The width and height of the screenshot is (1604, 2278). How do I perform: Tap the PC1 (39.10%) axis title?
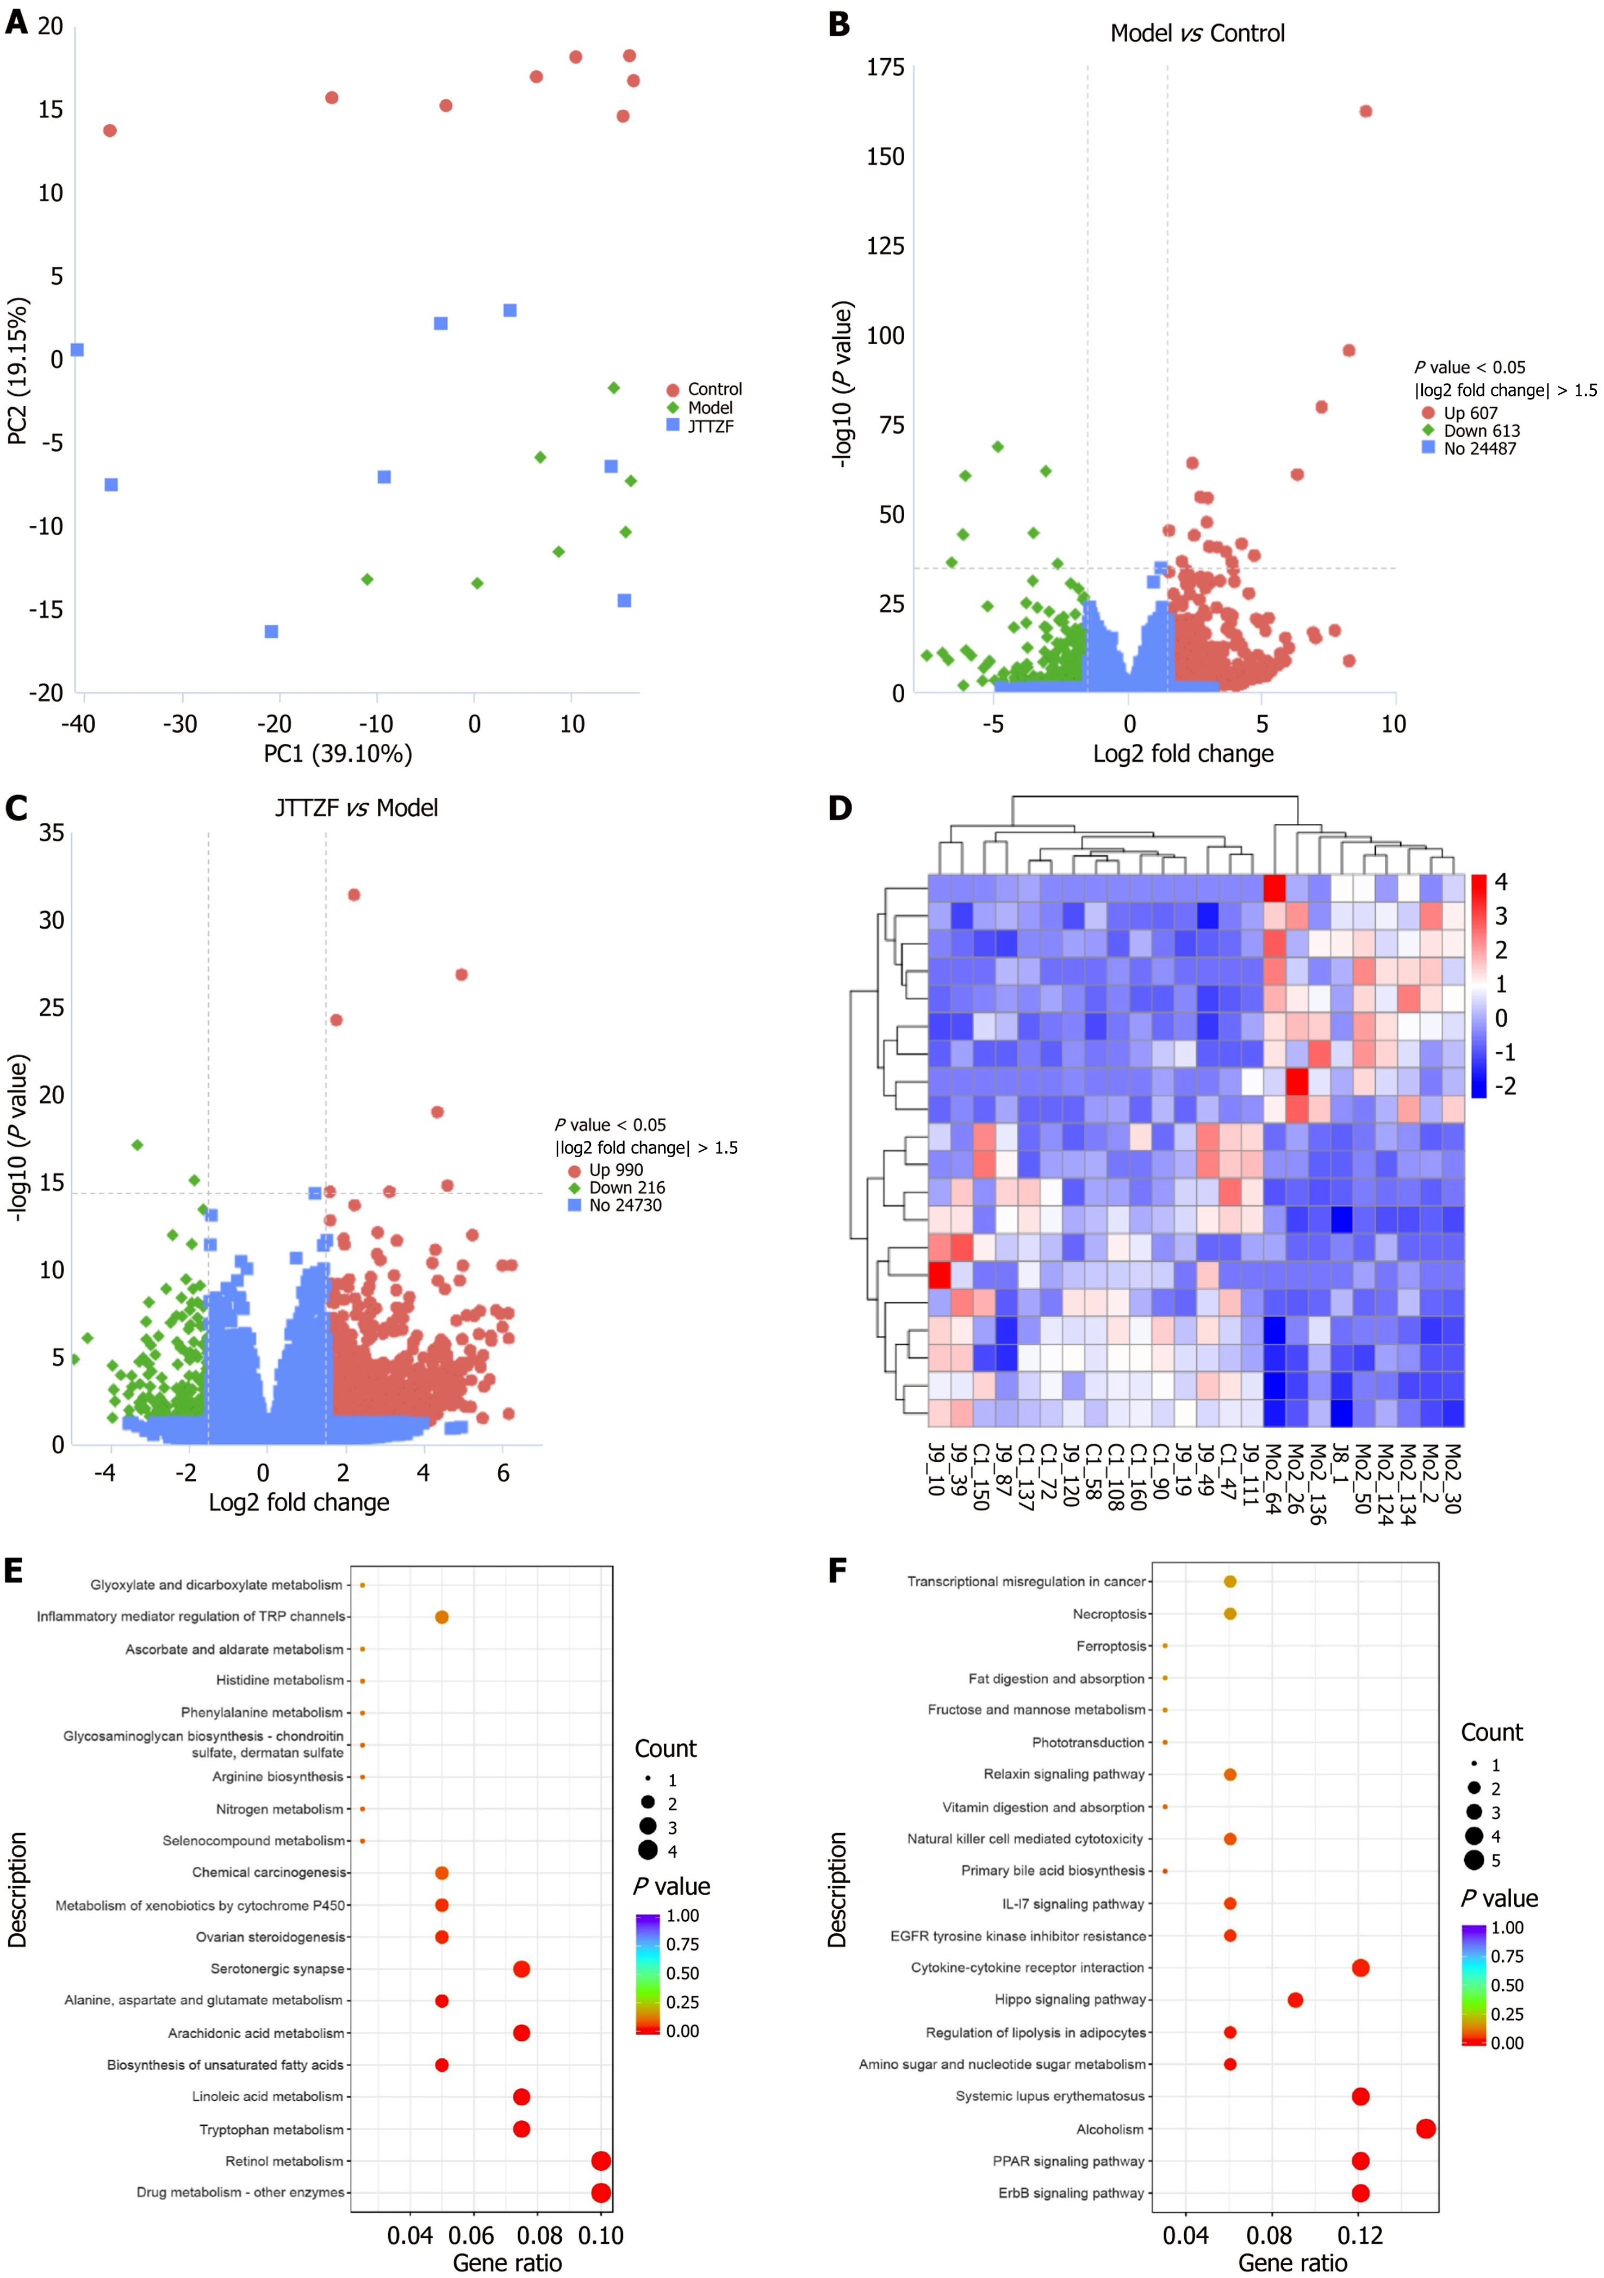[337, 754]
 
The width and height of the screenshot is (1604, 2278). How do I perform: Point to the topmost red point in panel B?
[1365, 111]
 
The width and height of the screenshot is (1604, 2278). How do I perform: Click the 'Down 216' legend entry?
[626, 1188]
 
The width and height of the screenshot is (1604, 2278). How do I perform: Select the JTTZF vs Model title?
[356, 808]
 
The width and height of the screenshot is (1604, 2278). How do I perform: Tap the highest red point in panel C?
[353, 895]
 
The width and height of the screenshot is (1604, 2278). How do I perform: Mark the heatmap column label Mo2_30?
[1452, 1478]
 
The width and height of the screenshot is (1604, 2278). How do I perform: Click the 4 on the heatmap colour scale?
[1501, 882]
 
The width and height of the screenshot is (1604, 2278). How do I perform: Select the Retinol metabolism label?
[284, 2161]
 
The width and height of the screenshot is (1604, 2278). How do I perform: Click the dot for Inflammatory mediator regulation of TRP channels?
[442, 1617]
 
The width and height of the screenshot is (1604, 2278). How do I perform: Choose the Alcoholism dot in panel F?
[1426, 2128]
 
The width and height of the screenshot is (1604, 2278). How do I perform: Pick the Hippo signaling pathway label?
[1070, 1999]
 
